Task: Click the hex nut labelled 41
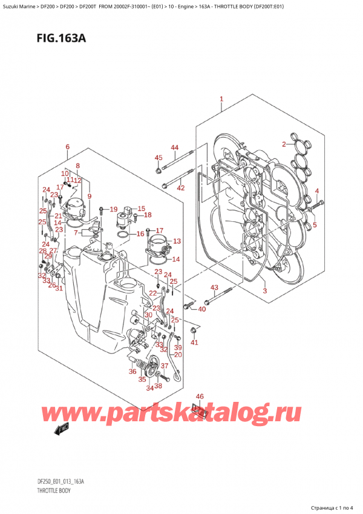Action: [x=193, y=330]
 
